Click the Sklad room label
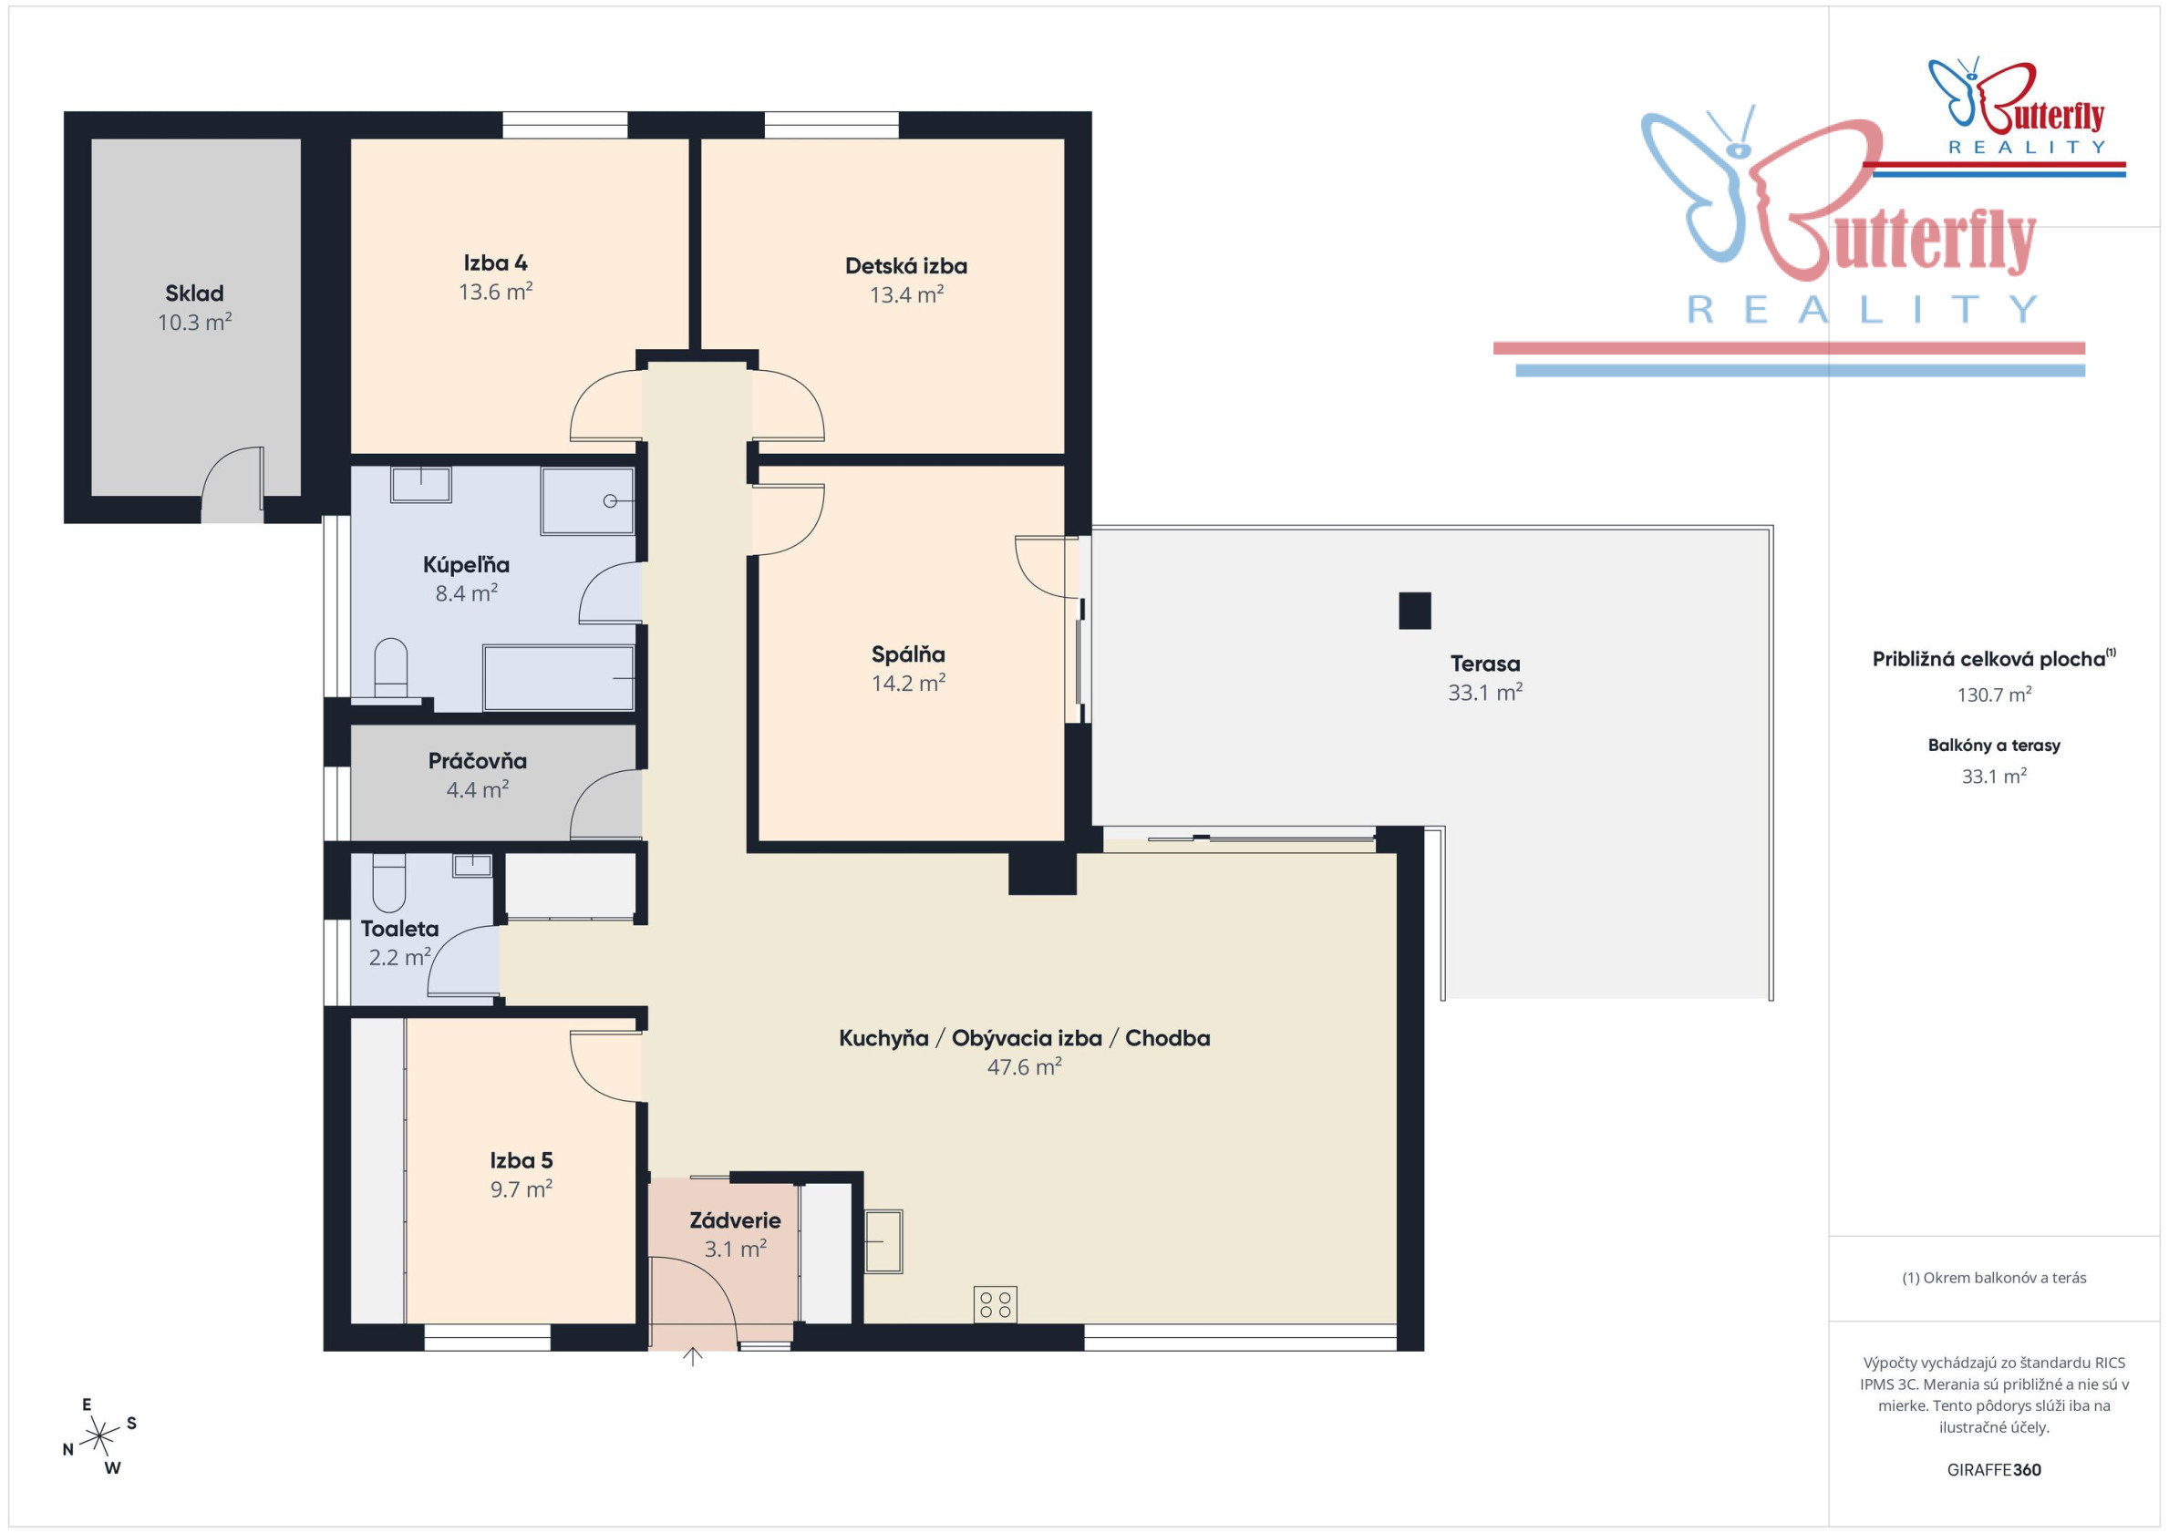coord(194,293)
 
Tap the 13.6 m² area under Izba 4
coord(496,291)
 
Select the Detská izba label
coord(906,266)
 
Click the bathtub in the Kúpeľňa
coord(558,677)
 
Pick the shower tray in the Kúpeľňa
coord(587,500)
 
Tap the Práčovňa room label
coord(477,760)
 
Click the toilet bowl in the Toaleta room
coord(389,883)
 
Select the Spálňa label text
coord(908,654)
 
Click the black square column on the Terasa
coord(1414,610)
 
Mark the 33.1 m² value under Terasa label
coord(1485,693)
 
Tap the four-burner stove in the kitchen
coord(995,1304)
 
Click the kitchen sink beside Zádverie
coord(883,1241)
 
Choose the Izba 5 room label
coord(521,1161)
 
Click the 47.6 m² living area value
coord(1024,1067)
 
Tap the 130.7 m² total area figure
coord(1994,694)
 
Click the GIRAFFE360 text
coord(1994,1470)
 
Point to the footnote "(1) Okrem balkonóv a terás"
coord(1994,1278)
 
